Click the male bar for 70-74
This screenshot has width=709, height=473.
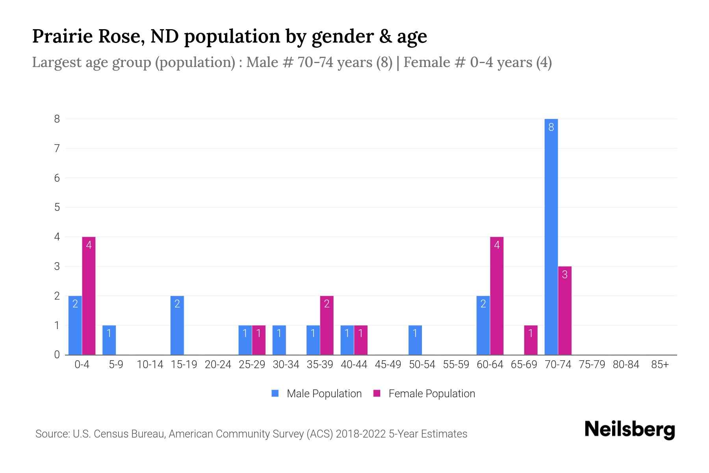click(551, 236)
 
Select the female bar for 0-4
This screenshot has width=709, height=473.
click(89, 296)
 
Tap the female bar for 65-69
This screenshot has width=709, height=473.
click(531, 340)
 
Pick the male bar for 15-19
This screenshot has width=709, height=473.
click(177, 325)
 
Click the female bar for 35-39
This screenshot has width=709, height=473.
click(327, 325)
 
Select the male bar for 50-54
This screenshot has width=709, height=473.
click(415, 340)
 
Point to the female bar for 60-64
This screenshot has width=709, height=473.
click(497, 296)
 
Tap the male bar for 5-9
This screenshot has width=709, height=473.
click(109, 340)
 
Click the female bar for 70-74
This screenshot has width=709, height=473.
click(564, 311)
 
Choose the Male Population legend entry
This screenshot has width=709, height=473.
click(316, 393)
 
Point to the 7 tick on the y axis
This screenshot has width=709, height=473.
click(57, 148)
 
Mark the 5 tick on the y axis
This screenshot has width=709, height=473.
click(57, 207)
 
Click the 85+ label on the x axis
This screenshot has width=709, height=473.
click(660, 365)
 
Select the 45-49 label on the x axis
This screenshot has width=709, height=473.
click(388, 365)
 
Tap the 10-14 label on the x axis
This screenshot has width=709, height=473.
click(150, 365)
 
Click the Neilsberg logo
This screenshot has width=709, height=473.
click(629, 430)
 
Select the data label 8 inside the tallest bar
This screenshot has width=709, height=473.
click(551, 127)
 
